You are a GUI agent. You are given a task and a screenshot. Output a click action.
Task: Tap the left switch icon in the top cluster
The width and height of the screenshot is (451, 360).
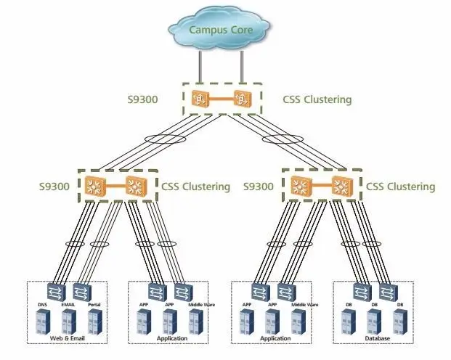198,98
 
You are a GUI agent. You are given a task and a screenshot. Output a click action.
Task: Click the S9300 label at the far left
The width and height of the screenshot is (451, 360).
54,187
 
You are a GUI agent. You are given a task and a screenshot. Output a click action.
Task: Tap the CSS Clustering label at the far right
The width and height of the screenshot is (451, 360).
401,187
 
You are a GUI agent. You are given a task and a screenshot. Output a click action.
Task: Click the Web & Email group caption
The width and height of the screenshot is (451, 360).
68,338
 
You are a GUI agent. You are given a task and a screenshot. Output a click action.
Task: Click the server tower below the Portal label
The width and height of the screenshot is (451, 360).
94,322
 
